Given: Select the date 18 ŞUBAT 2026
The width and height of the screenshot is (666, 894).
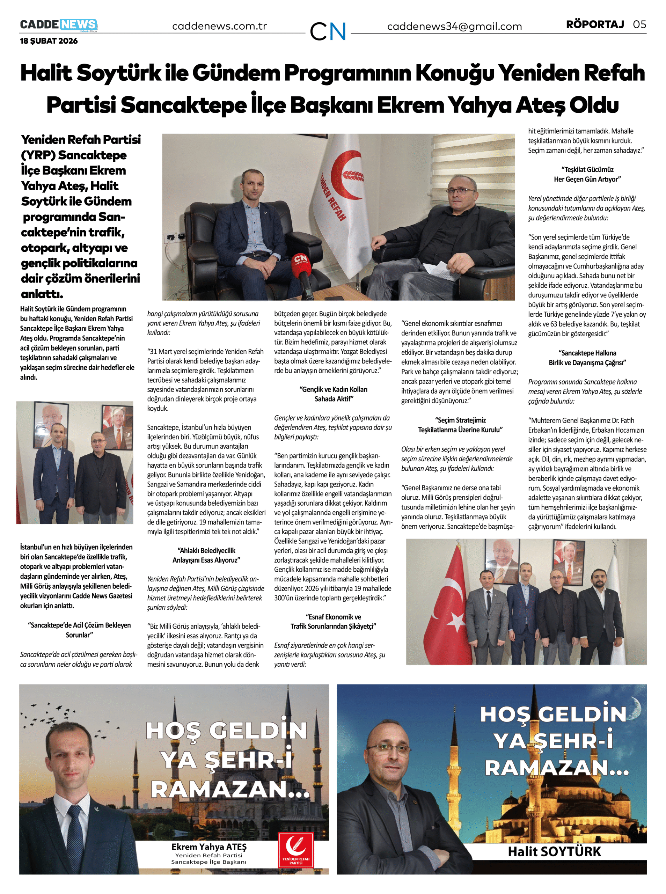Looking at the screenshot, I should coord(49,41).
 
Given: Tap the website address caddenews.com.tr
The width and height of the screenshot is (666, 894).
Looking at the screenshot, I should coord(219,26).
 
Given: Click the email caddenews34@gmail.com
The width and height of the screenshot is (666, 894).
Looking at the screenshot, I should coord(454,27).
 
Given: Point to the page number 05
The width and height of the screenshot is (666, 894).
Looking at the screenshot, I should coord(639,24).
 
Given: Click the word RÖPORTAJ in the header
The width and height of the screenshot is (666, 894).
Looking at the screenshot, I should coord(595,24).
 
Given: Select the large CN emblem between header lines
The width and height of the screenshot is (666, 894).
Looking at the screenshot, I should coord(328,31).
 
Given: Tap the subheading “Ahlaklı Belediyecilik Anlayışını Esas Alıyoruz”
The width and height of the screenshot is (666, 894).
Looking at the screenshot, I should coord(206,555).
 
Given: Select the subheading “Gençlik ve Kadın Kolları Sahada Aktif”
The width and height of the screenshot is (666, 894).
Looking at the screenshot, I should coord(334,394).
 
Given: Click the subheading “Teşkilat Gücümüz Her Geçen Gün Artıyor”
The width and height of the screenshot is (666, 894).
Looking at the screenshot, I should coord(587,174).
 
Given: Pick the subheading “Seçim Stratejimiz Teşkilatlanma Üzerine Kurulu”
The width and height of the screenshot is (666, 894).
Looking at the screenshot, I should coord(460,425).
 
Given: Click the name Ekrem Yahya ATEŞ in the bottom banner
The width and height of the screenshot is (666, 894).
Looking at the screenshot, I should coord(209,847).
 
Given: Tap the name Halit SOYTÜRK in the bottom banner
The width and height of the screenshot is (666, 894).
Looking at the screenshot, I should coord(554,851).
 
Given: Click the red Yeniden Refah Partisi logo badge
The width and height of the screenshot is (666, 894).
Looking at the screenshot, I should coord(295,849).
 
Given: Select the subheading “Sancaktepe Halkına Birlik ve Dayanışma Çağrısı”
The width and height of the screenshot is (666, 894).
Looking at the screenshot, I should coord(587,358).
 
